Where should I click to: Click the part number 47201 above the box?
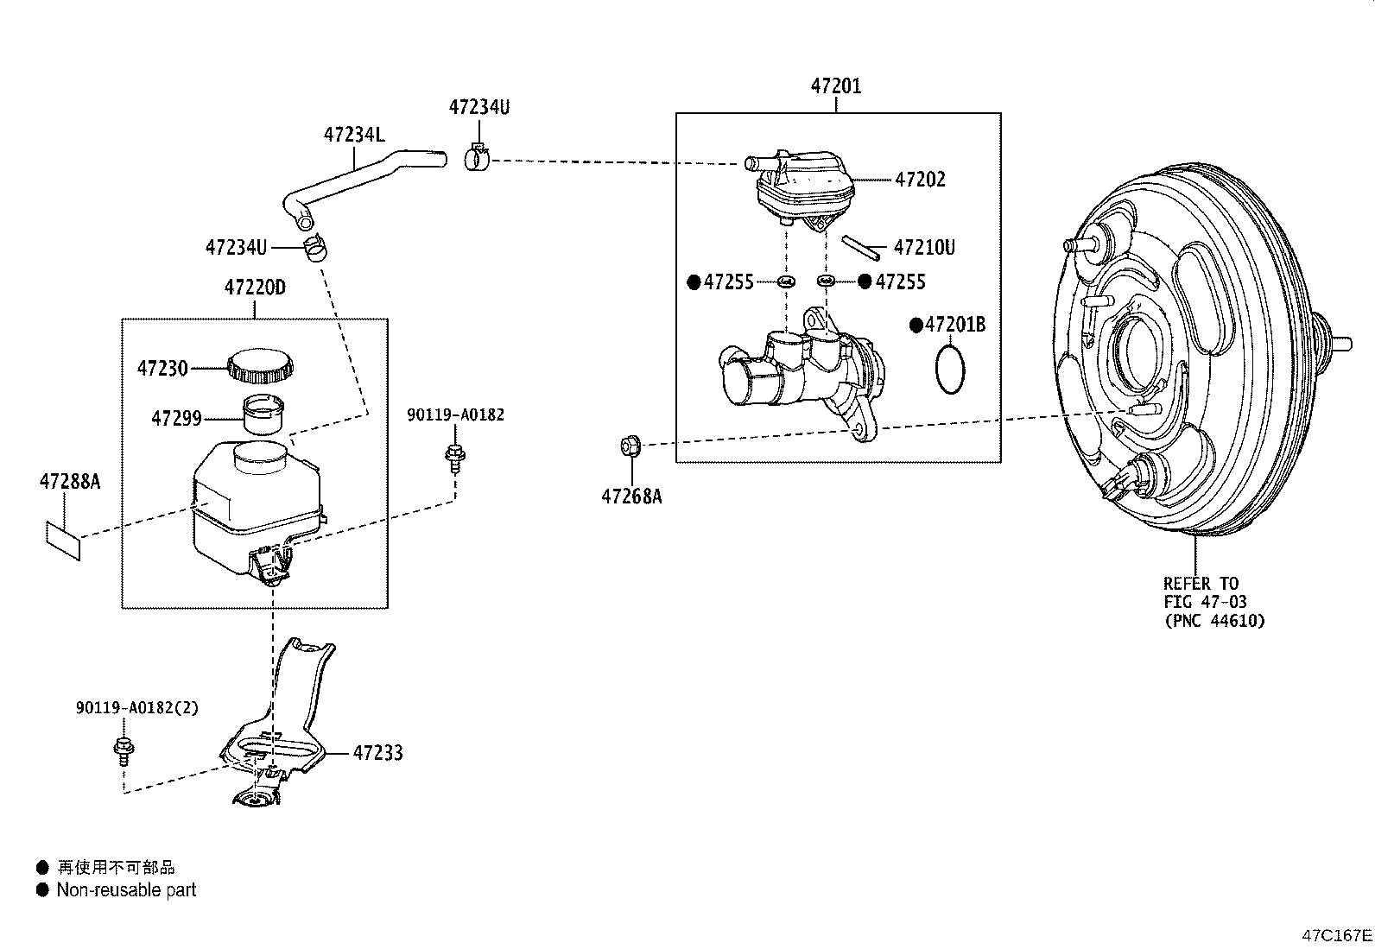835,86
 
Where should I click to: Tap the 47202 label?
920,180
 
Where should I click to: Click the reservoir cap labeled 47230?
260,365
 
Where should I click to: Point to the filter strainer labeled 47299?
264,414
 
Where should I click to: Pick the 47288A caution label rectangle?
63,541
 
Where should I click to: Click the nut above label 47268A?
630,446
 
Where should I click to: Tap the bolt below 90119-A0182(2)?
124,751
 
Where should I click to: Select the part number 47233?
377,753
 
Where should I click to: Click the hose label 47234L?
354,135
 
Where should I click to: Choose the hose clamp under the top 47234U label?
476,157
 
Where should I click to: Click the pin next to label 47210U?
860,248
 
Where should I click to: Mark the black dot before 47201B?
916,325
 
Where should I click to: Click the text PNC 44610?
1215,621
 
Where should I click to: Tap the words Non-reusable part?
126,890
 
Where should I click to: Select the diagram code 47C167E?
1336,935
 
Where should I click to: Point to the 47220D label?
255,288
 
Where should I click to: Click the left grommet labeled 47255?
786,282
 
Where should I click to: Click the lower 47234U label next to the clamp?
237,247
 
